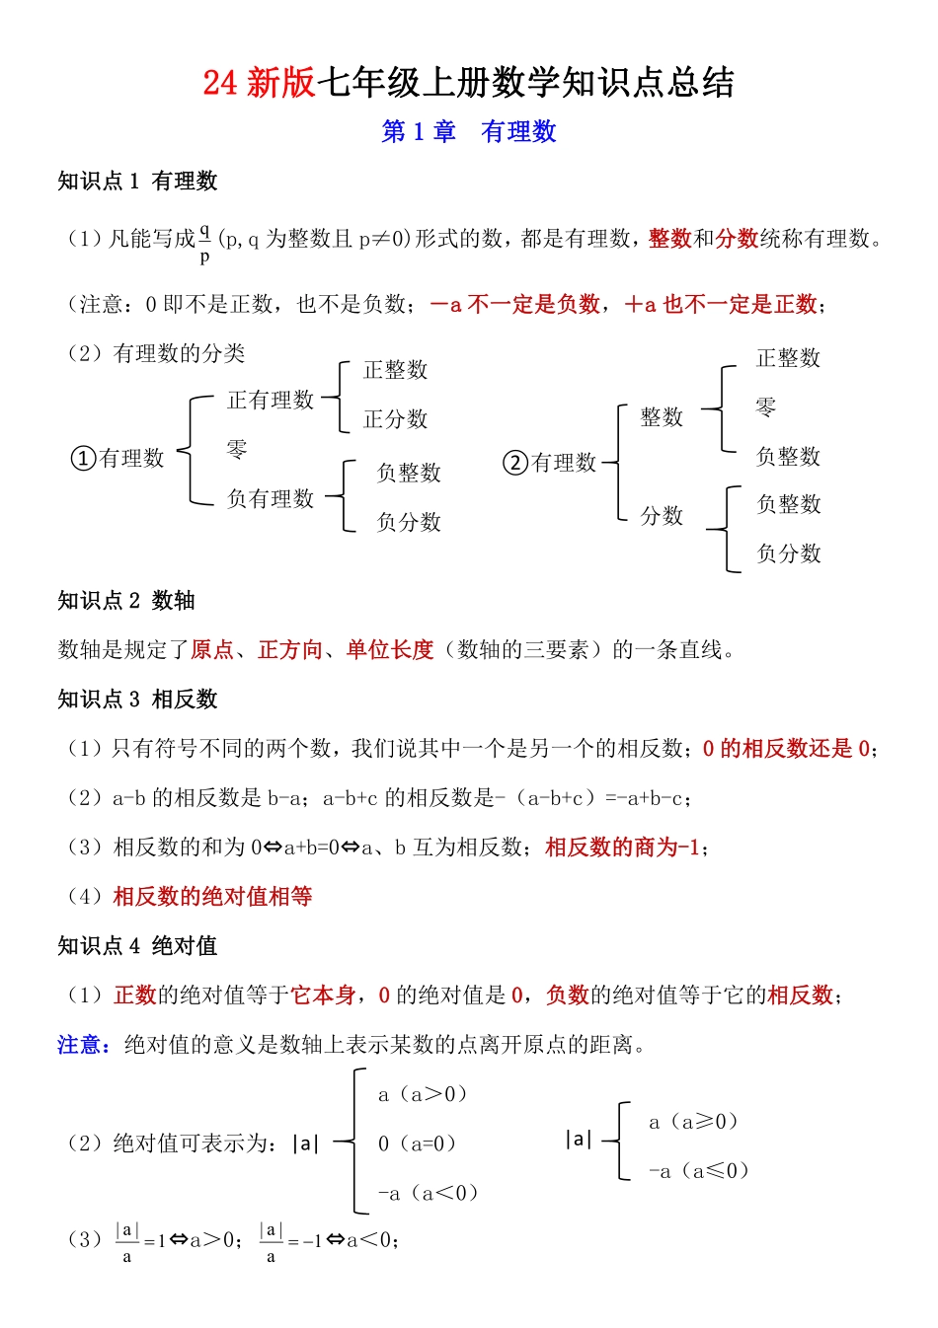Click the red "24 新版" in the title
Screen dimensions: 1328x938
[259, 83]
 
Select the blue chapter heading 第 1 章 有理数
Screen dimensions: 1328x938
[469, 132]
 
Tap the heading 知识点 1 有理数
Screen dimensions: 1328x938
[137, 182]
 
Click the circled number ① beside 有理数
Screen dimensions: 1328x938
[83, 459]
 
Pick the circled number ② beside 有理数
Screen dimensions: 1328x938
[515, 463]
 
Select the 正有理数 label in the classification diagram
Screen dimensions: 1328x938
[271, 400]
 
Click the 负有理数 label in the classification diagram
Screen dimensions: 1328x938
[271, 498]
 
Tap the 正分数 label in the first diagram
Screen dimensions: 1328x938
[396, 419]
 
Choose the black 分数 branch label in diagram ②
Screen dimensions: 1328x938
[662, 516]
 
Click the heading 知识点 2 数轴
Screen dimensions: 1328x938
[126, 601]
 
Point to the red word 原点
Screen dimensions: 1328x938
[212, 650]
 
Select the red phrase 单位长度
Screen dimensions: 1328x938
[390, 650]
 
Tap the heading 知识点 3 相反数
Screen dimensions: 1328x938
[137, 700]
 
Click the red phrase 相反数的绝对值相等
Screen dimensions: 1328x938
[212, 897]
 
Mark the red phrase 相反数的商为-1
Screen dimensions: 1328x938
[623, 848]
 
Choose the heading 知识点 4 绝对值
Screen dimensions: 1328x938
[137, 946]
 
